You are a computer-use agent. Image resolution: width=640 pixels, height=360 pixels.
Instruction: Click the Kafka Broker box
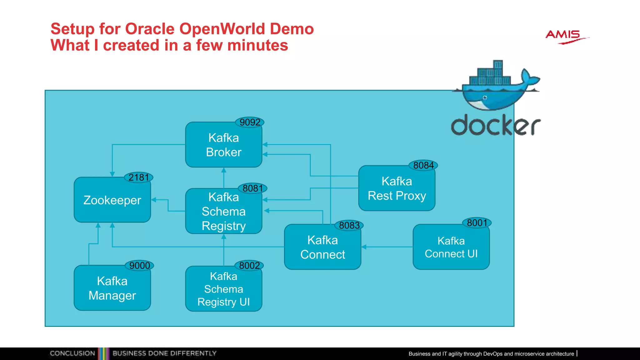(x=223, y=145)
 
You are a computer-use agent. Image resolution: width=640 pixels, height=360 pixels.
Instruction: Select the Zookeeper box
(x=112, y=200)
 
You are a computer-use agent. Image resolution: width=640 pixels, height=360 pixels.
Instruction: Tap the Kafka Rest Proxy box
(x=397, y=188)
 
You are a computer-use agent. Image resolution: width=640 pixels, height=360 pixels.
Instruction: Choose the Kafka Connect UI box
(x=451, y=247)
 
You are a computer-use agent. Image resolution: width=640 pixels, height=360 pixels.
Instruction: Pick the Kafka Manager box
(x=112, y=288)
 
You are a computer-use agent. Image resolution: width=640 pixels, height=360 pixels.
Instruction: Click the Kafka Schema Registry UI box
(x=223, y=289)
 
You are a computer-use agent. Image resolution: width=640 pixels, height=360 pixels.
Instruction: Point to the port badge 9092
(x=250, y=122)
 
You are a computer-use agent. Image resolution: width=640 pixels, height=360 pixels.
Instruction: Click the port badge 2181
(x=139, y=177)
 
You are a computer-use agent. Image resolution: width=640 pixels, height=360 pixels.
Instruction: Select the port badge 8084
(x=423, y=165)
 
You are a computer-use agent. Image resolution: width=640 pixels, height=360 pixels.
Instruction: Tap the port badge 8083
(x=349, y=225)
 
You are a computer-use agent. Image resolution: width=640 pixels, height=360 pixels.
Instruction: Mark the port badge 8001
(x=477, y=223)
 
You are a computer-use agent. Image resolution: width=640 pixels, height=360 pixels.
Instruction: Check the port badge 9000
(x=139, y=266)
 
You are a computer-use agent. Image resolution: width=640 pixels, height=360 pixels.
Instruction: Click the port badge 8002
(x=249, y=266)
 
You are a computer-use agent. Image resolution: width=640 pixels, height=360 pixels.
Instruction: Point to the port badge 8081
(x=252, y=188)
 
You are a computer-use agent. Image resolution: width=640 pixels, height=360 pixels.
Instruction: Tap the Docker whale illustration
(x=497, y=86)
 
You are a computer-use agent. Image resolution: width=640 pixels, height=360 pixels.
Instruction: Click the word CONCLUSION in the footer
(x=72, y=353)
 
